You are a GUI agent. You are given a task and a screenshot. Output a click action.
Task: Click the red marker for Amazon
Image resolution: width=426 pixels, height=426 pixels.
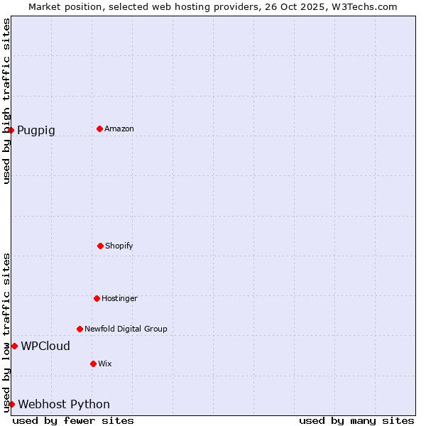(100, 129)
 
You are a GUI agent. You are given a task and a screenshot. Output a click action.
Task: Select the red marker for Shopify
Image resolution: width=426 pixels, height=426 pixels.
(100, 246)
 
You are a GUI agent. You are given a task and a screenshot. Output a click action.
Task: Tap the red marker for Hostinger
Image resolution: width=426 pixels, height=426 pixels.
(97, 298)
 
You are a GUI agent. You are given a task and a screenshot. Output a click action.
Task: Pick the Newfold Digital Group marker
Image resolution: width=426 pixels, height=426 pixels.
(80, 329)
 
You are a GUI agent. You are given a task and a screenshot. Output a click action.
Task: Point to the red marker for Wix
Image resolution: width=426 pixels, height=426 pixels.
(93, 364)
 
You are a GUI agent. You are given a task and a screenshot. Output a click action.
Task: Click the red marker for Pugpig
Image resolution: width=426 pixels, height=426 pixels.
(11, 130)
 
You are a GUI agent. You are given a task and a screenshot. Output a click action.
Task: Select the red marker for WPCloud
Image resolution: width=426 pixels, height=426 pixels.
(14, 346)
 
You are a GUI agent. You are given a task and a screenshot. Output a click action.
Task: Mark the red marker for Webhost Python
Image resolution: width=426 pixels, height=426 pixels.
(11, 404)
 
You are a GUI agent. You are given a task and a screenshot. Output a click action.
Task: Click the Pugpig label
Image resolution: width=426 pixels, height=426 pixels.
(36, 131)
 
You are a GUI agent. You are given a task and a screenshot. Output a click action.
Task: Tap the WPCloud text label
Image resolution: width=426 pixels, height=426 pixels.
(45, 346)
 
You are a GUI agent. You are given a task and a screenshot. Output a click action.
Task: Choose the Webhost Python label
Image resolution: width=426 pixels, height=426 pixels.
(64, 405)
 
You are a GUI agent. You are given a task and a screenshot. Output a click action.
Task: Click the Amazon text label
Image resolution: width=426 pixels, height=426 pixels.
(119, 129)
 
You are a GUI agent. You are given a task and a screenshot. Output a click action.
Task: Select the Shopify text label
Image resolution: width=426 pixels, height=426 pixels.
(119, 246)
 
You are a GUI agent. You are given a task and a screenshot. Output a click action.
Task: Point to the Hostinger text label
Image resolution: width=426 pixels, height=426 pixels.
(119, 299)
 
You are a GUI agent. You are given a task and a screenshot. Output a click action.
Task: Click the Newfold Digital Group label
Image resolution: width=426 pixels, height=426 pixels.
(126, 329)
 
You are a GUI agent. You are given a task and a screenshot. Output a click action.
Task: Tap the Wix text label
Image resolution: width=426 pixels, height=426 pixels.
(105, 364)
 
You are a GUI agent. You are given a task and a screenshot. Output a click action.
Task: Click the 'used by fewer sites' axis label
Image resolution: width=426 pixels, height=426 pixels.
(73, 420)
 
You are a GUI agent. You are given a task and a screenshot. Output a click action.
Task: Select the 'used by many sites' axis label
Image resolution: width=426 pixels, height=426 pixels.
(356, 420)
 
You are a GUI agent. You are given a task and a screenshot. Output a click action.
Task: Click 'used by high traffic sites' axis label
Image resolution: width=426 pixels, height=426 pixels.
(6, 101)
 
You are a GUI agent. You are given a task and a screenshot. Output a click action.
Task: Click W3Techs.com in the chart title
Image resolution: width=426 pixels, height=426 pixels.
(362, 6)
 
